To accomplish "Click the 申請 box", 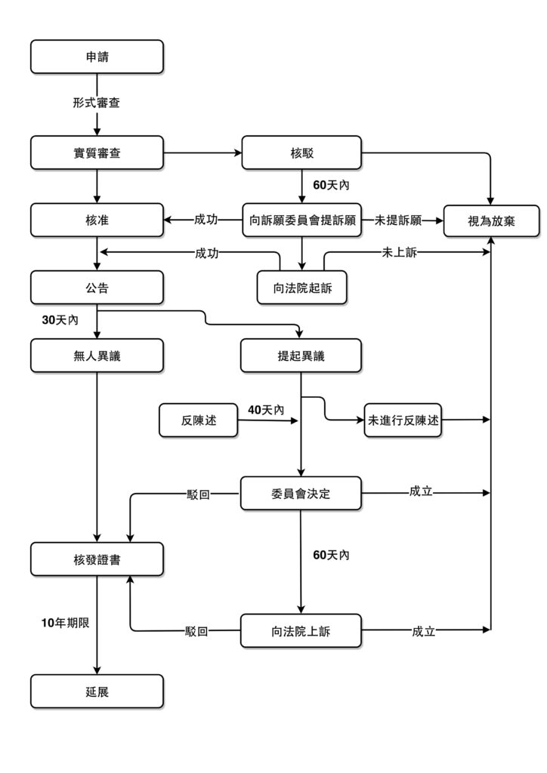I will (97, 57).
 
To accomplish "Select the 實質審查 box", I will (97, 152).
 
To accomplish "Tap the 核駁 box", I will (301, 152).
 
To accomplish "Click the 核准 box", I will (97, 220).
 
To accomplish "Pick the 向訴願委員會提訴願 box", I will (301, 220).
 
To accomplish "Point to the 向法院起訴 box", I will (301, 288).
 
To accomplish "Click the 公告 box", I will (97, 288).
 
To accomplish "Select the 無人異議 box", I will (97, 356).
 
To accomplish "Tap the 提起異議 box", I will (301, 356).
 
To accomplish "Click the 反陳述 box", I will (199, 420).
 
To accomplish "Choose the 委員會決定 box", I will (301, 494).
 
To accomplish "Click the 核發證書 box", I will (97, 559).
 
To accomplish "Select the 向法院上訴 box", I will (301, 631).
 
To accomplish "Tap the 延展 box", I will (97, 691).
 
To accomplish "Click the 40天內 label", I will (266, 410).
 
